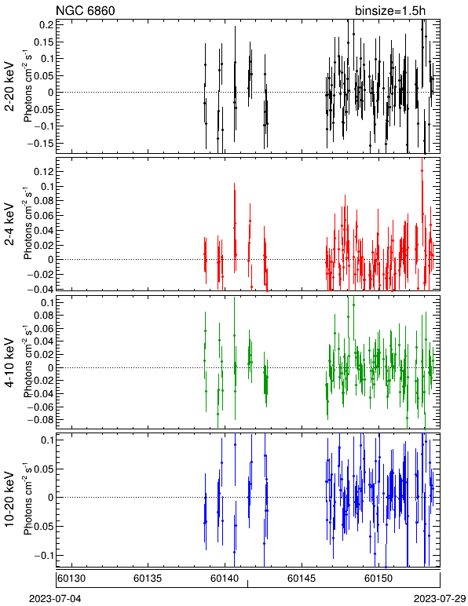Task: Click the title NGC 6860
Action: [86, 10]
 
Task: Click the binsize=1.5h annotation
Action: [390, 10]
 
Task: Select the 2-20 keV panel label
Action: [9, 86]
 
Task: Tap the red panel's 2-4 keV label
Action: [9, 225]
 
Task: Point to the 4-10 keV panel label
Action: [9, 363]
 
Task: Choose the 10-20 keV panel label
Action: [9, 499]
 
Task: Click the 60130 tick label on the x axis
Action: [71, 579]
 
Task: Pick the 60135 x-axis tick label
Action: [148, 579]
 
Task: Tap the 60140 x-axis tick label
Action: [225, 579]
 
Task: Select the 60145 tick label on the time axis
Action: [302, 579]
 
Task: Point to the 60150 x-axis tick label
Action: [378, 579]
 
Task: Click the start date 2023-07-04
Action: [55, 599]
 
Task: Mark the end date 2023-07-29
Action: [440, 599]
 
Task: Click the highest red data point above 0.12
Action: [422, 170]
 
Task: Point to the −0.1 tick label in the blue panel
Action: [43, 556]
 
